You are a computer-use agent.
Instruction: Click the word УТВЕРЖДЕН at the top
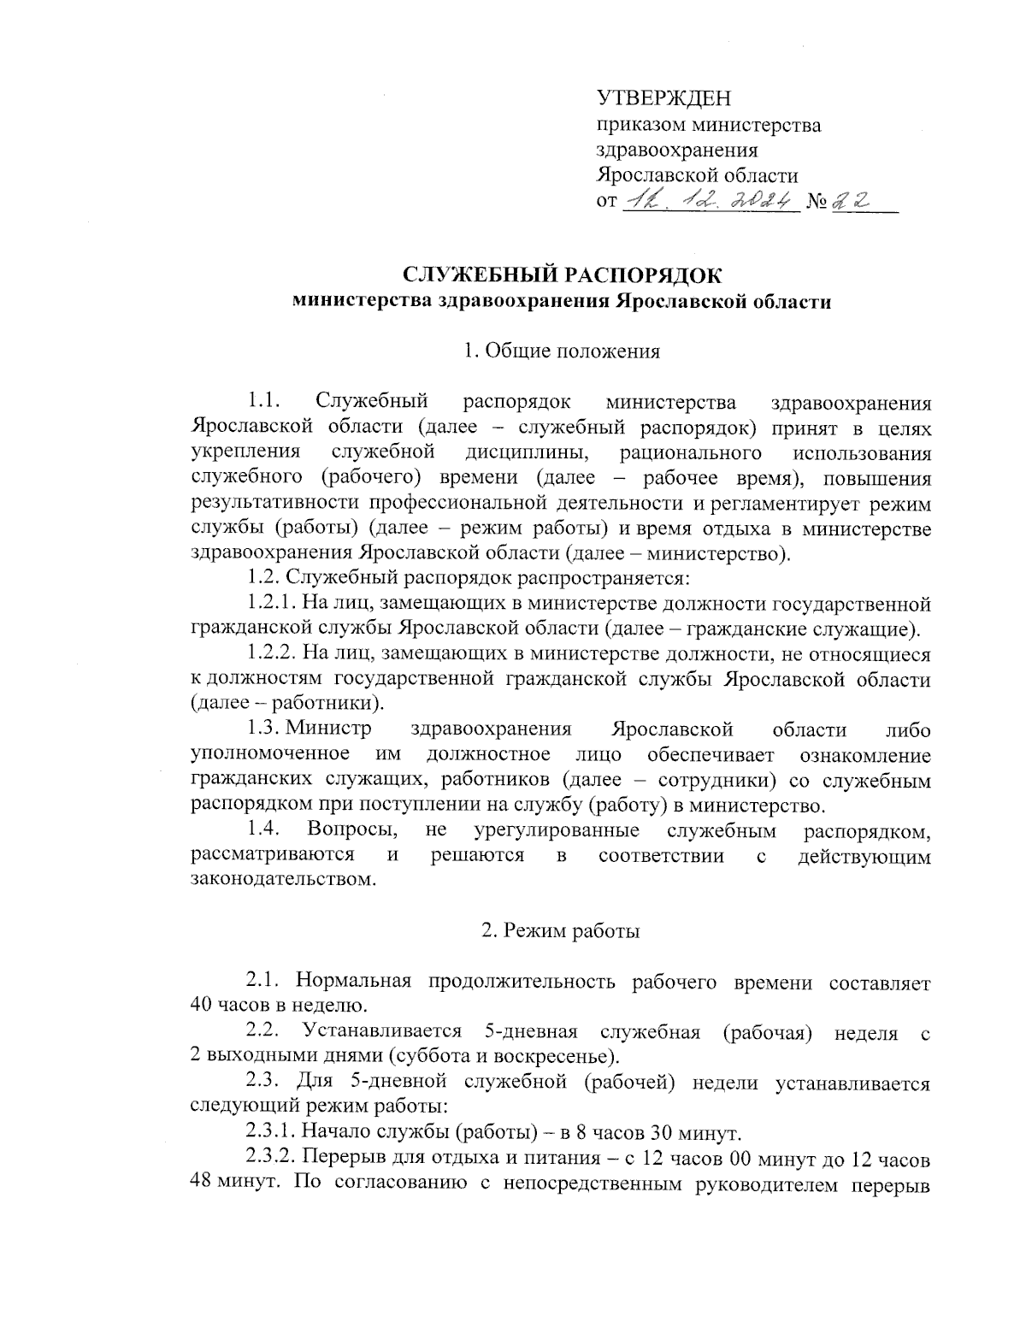click(663, 99)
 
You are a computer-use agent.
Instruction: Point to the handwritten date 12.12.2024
click(710, 202)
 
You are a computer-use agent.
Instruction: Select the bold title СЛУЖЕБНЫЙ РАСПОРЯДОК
click(562, 275)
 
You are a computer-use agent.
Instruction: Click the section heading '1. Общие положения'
click(561, 351)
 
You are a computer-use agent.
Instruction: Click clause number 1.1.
click(264, 401)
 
